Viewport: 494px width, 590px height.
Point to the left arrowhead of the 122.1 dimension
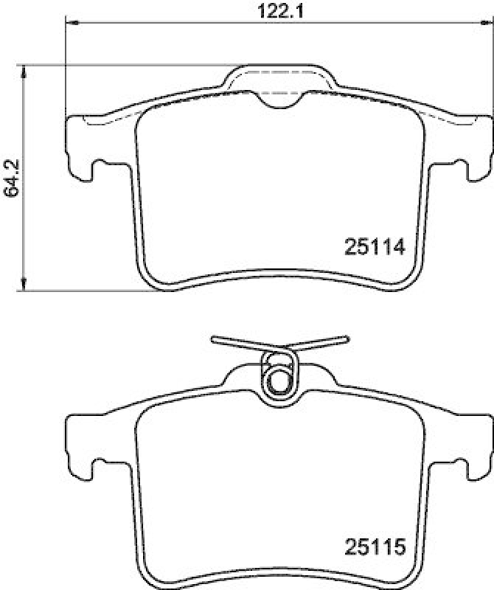tap(71, 24)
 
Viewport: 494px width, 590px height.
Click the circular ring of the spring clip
tap(279, 381)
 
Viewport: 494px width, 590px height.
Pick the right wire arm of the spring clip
tap(319, 341)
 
